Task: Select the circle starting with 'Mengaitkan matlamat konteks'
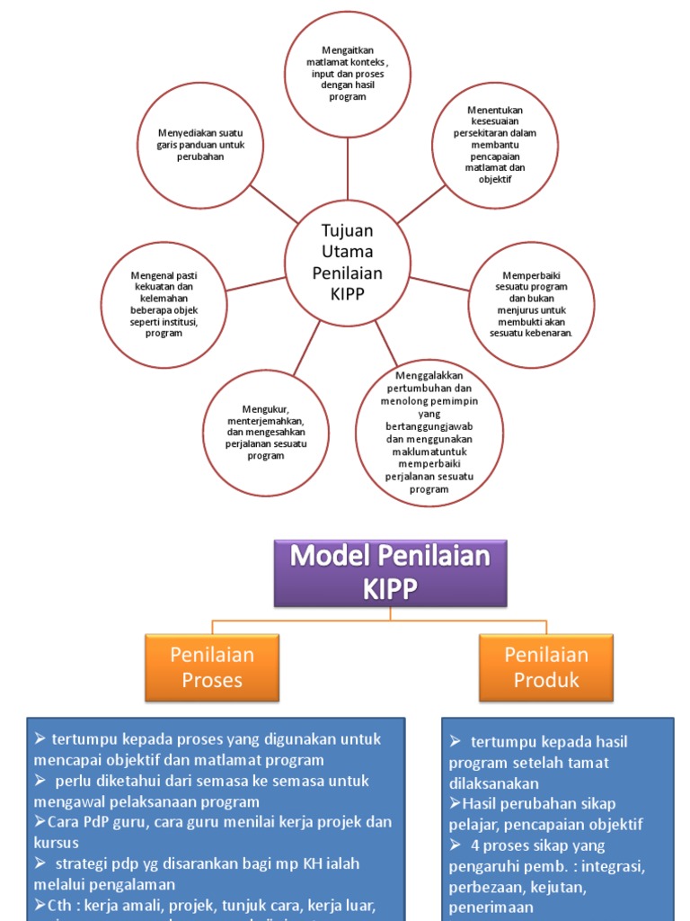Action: (x=347, y=74)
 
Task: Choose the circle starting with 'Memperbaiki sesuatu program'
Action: (x=531, y=304)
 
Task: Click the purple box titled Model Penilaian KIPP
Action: (x=390, y=572)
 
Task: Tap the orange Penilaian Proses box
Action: (x=212, y=667)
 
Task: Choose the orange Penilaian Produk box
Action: (x=546, y=667)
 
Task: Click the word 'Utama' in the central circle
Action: (x=347, y=252)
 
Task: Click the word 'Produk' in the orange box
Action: (x=546, y=680)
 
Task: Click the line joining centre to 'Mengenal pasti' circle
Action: (x=255, y=283)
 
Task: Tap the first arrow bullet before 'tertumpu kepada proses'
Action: (x=40, y=739)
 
